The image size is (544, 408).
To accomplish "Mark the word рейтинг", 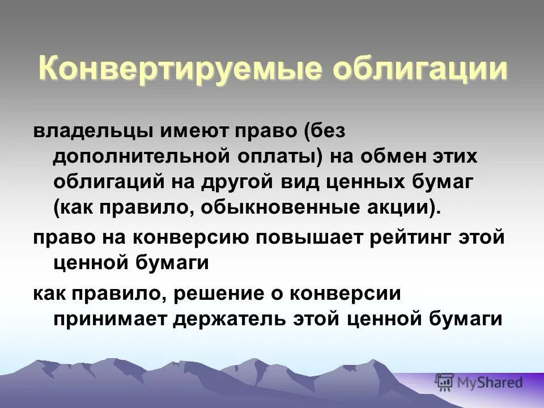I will click(412, 237).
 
